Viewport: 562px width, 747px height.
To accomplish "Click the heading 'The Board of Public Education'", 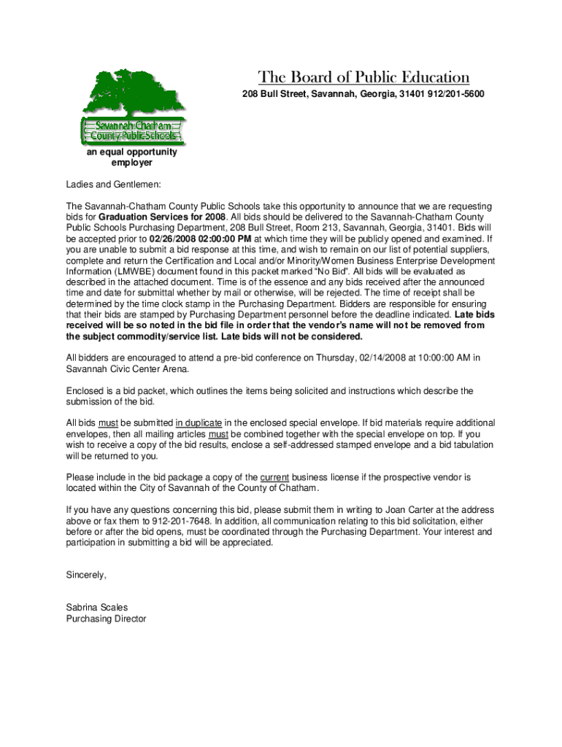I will pyautogui.click(x=363, y=78).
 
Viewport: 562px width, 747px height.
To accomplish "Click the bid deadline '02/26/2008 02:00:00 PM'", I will pyautogui.click(x=200, y=239).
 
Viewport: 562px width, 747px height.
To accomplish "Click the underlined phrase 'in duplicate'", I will pyautogui.click(x=199, y=423).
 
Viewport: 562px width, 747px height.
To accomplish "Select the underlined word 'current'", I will pyautogui.click(x=274, y=477).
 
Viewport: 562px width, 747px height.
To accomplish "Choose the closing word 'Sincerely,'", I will pyautogui.click(x=86, y=575).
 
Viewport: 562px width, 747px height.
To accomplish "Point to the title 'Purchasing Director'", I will pyautogui.click(x=106, y=619).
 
